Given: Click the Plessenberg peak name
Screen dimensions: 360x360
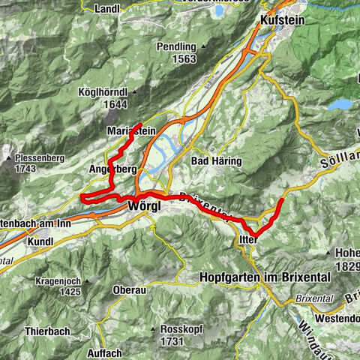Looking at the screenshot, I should (x=36, y=158).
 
